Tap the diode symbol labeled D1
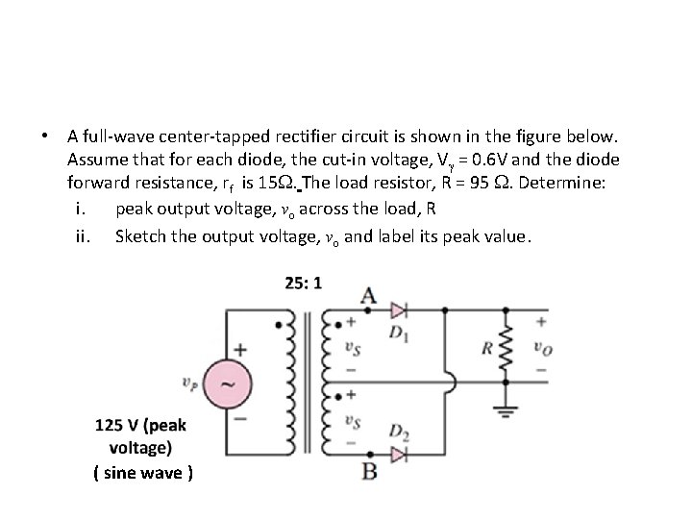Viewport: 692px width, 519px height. click(x=397, y=310)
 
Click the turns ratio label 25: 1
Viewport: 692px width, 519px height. click(x=304, y=283)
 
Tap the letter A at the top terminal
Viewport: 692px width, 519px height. click(x=368, y=293)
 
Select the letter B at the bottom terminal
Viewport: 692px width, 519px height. click(x=368, y=471)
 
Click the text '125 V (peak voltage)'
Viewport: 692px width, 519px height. click(x=141, y=435)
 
